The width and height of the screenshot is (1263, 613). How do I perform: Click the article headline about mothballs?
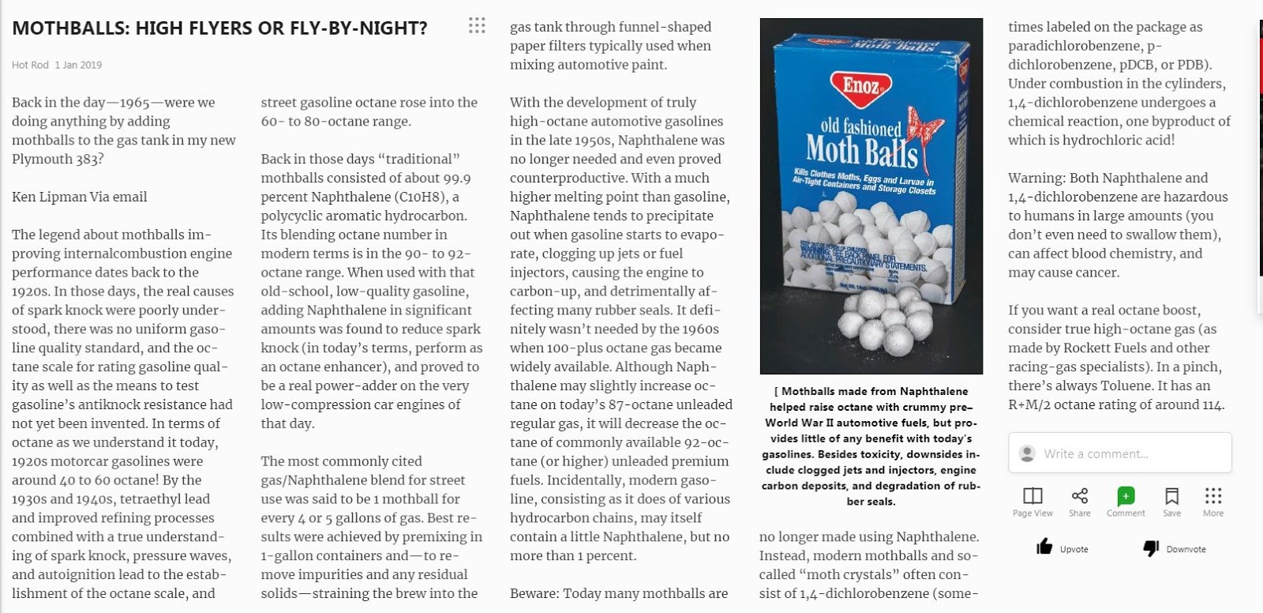(x=219, y=28)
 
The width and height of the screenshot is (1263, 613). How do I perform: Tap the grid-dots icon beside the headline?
(x=477, y=25)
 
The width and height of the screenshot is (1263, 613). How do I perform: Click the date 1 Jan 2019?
(x=78, y=65)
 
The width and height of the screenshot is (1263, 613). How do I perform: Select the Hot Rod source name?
(x=30, y=65)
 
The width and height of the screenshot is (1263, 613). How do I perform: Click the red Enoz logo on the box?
(x=861, y=85)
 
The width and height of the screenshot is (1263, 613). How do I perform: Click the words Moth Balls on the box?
(x=861, y=150)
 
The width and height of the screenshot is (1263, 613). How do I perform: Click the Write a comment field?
(x=1119, y=453)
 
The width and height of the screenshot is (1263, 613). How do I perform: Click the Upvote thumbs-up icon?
(x=1044, y=547)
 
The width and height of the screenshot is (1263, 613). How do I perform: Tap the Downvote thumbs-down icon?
(x=1151, y=548)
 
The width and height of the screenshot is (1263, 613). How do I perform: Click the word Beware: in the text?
(x=533, y=593)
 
